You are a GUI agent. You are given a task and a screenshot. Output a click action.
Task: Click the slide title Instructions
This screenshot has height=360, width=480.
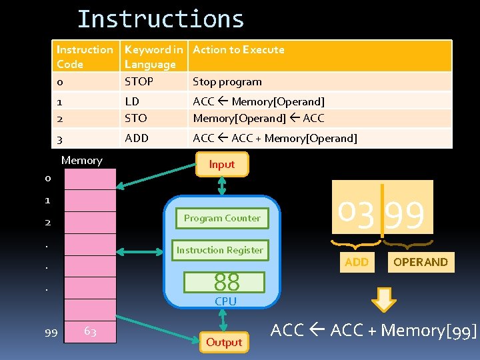point(161,19)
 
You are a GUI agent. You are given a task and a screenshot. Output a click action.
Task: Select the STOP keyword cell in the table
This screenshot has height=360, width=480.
point(139,81)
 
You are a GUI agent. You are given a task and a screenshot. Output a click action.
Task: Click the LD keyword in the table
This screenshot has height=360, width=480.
point(132,101)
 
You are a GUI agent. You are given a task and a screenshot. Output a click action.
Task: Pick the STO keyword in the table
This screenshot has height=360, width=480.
point(135,118)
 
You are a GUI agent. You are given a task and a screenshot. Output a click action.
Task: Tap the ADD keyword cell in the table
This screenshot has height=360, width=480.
point(137,138)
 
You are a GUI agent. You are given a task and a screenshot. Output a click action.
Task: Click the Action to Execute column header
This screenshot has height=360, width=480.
point(238,49)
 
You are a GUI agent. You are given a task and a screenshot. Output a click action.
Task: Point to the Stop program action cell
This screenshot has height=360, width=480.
point(227,82)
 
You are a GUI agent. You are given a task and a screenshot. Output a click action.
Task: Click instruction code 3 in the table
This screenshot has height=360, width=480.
point(60,139)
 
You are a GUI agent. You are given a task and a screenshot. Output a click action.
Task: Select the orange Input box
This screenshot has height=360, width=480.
point(222,164)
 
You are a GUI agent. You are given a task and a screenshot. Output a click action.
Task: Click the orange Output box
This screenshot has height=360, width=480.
point(224,342)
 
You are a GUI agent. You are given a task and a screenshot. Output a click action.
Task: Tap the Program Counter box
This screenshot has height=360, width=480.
point(222,218)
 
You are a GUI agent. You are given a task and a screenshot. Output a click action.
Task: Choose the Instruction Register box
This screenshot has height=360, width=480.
point(219,250)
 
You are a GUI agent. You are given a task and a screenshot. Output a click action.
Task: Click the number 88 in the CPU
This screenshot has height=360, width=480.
point(226,282)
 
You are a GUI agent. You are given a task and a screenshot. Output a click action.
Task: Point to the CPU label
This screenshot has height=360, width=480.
point(225,301)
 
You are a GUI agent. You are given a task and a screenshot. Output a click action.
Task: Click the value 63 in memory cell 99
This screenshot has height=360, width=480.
point(90,331)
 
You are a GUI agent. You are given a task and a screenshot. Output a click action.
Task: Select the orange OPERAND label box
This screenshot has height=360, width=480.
point(420,262)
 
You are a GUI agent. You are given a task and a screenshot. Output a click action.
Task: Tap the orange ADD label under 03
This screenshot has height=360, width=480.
point(357,262)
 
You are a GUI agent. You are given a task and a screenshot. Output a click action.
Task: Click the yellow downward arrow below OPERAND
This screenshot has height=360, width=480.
point(383,300)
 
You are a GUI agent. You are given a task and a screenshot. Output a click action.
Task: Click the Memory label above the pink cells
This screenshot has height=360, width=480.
point(81,160)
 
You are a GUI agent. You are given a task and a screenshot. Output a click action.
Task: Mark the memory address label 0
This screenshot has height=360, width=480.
point(48,178)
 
